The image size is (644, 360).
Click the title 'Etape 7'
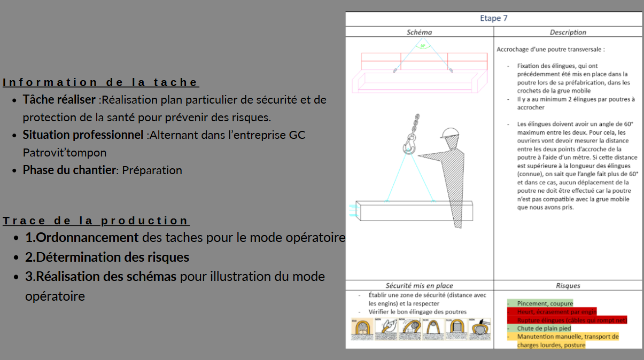pyautogui.click(x=493, y=19)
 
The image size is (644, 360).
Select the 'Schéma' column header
pyautogui.click(x=419, y=32)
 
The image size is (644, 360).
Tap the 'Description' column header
pyautogui.click(x=568, y=32)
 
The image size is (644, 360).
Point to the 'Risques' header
pyautogui.click(x=568, y=286)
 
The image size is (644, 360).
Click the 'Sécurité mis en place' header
pyautogui.click(x=419, y=286)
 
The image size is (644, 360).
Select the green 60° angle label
pyautogui.click(x=423, y=46)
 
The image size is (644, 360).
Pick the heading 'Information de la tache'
pyautogui.click(x=100, y=82)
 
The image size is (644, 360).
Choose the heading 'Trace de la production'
pyautogui.click(x=96, y=221)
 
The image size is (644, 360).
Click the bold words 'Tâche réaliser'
pyautogui.click(x=60, y=100)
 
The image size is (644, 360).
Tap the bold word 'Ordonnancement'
pyautogui.click(x=88, y=237)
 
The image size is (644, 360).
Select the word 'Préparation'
pyautogui.click(x=152, y=170)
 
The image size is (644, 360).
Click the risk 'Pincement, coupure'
pyautogui.click(x=545, y=303)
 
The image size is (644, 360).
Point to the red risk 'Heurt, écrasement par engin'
pyautogui.click(x=556, y=311)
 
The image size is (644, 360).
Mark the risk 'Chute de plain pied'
pyautogui.click(x=544, y=328)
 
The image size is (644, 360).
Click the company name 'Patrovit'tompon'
pyautogui.click(x=65, y=153)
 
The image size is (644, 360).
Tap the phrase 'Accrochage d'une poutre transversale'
pyautogui.click(x=550, y=49)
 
